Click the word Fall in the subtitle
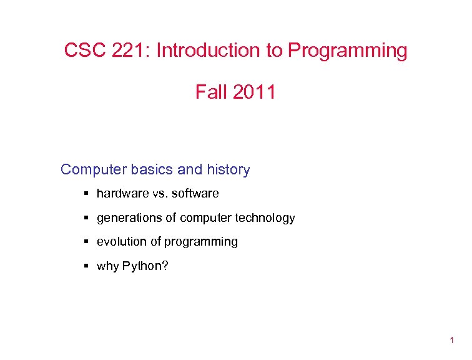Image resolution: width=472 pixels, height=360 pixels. [x=210, y=92]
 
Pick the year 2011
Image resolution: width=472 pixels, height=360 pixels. [x=253, y=92]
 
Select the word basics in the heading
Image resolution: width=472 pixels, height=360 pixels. [x=155, y=169]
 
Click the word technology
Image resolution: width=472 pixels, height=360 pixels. [x=265, y=218]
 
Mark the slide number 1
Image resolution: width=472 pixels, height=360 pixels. [x=451, y=340]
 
